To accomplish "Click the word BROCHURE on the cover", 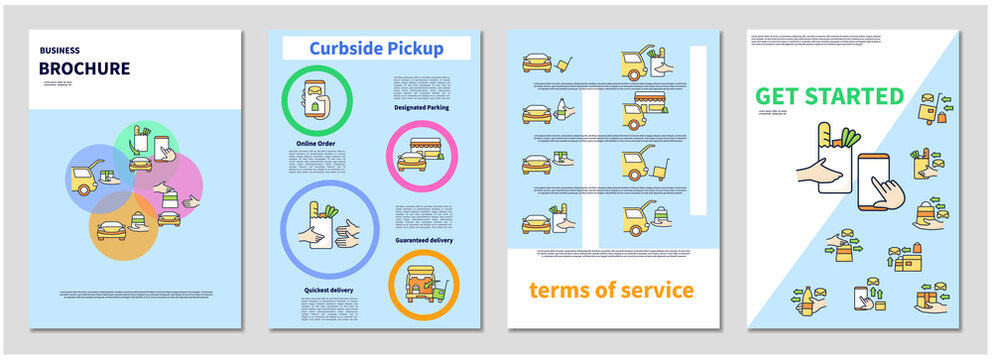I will coord(85,68).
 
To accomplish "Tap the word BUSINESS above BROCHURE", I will coord(60,49).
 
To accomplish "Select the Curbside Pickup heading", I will coord(376,48).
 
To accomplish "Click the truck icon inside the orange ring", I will coord(422,285).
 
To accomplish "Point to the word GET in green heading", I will coord(780,96).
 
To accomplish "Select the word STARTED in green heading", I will coord(859,96).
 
